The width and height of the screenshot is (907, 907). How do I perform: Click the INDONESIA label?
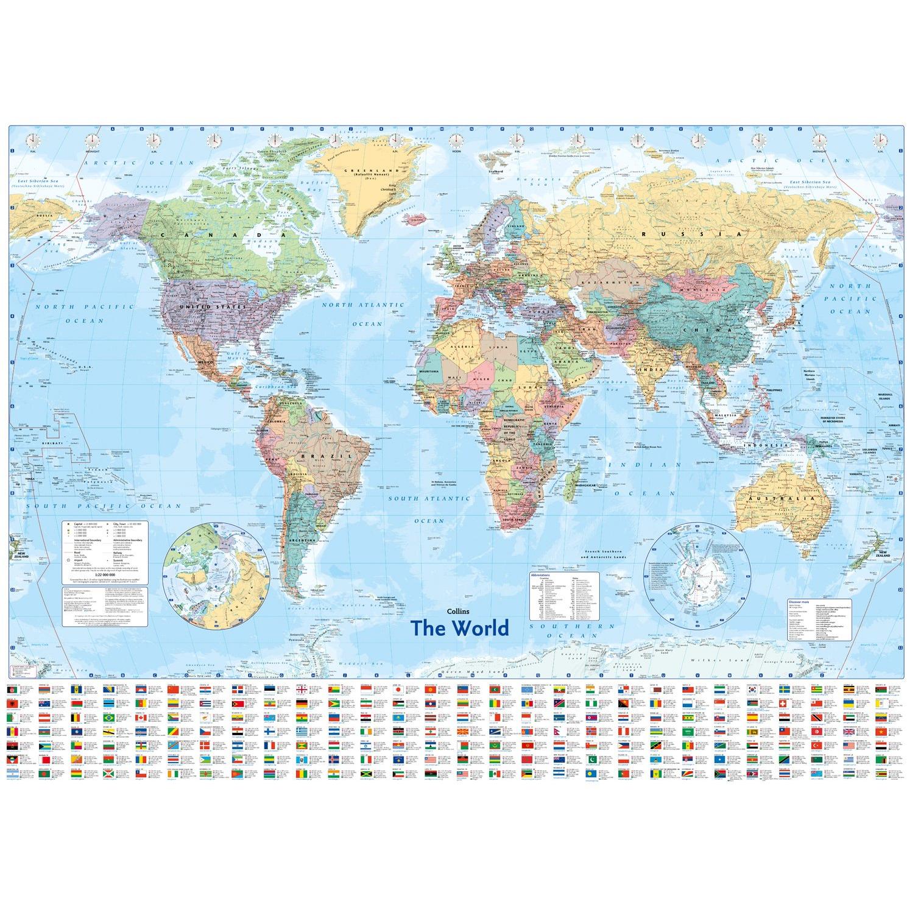click(771, 445)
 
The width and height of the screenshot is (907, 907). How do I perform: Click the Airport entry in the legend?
click(80, 555)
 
